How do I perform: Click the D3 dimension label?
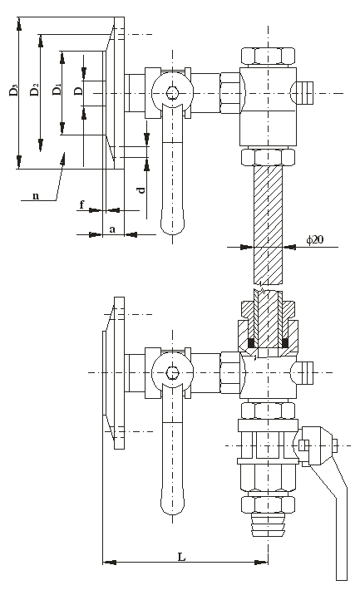click(13, 91)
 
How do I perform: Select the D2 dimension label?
click(35, 90)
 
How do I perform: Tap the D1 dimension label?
click(57, 90)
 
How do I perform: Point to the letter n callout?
click(36, 196)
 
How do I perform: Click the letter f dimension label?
click(81, 205)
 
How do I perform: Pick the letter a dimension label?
click(112, 229)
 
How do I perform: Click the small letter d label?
click(141, 189)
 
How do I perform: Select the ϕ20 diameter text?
click(315, 239)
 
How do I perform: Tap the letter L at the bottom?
click(182, 557)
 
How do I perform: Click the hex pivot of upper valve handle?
click(173, 92)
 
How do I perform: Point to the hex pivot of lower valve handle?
click(173, 372)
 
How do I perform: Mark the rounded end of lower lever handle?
click(173, 505)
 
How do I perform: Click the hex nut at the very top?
click(268, 56)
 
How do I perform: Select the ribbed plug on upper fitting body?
click(303, 92)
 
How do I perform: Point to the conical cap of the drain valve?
click(314, 445)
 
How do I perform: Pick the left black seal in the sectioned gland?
click(250, 342)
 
